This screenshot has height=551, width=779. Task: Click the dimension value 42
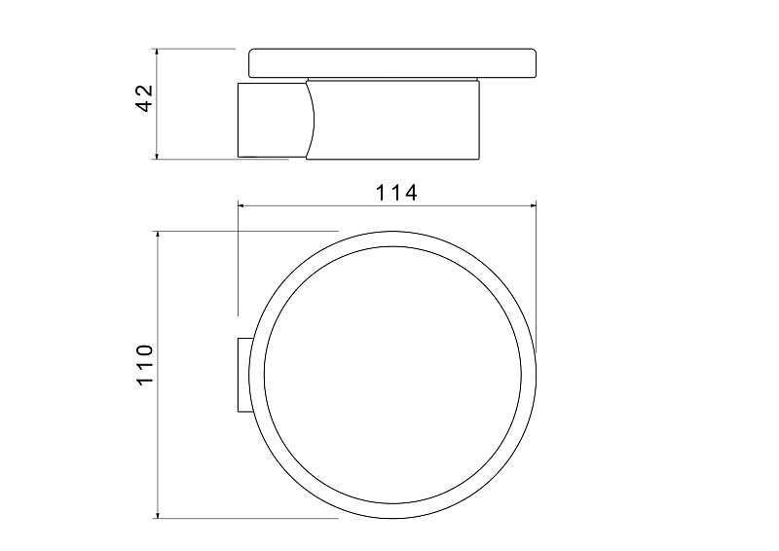pos(145,98)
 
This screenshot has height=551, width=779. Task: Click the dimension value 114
pos(396,193)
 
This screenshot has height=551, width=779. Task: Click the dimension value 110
pos(145,364)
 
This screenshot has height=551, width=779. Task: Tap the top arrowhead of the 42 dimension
pos(157,53)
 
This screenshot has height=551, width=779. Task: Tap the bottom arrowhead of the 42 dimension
pos(157,155)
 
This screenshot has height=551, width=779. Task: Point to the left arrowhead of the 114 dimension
pos(242,204)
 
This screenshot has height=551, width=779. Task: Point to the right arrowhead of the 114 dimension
pos(532,204)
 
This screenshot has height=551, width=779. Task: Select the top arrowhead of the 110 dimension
pos(158,236)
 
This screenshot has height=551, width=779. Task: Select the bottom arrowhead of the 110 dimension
pos(158,514)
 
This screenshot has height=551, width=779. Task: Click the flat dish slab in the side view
pos(392,63)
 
